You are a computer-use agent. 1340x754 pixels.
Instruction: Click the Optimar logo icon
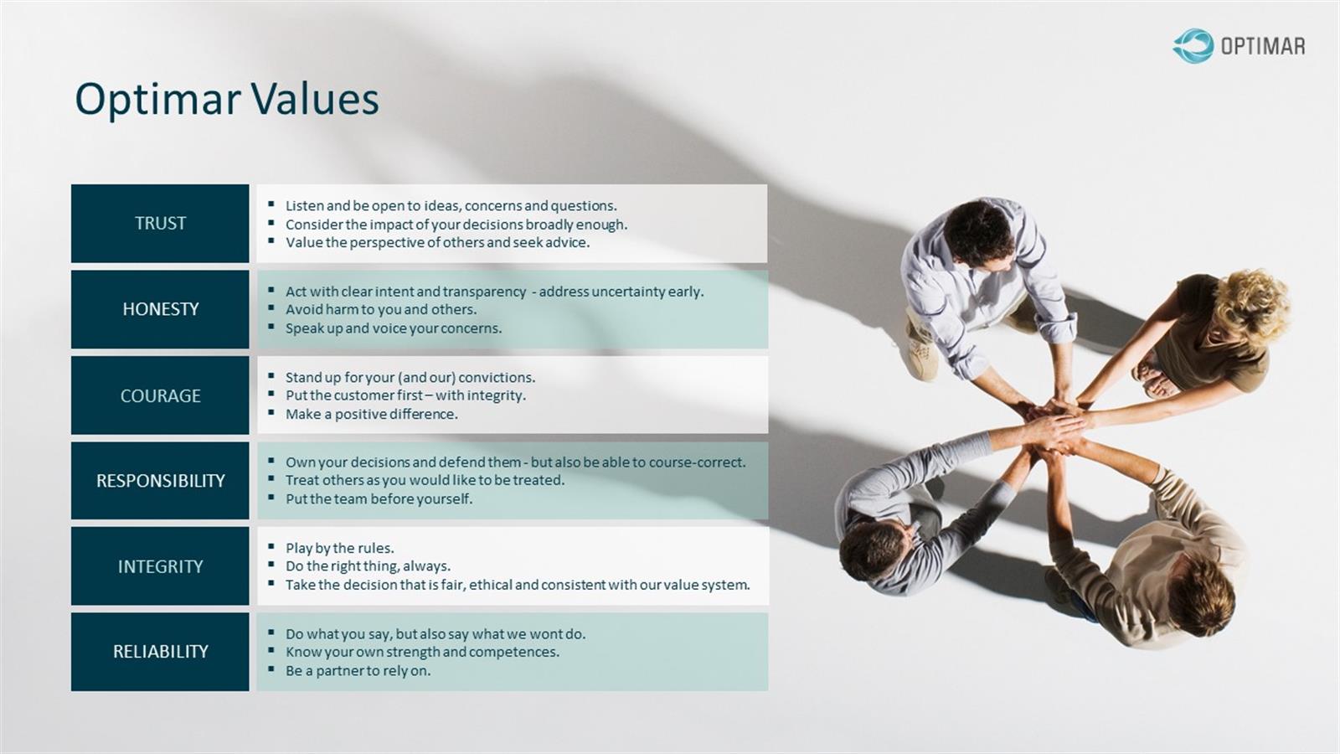[x=1193, y=46]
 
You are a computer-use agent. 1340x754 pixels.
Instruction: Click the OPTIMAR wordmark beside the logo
[x=1263, y=47]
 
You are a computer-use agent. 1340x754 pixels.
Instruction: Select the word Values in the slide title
[x=315, y=99]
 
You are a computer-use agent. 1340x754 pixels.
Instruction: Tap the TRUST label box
[x=160, y=223]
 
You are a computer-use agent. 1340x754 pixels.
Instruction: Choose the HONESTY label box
[x=160, y=309]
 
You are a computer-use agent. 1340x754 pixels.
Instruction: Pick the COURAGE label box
[x=160, y=395]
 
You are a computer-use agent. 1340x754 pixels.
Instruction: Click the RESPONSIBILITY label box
[x=160, y=481]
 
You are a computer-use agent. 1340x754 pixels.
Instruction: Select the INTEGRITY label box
[x=160, y=566]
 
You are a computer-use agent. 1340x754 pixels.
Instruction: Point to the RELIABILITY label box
[x=160, y=652]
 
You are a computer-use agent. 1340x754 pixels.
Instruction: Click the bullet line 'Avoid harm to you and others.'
[x=381, y=309]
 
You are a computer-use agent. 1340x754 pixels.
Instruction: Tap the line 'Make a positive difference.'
[x=372, y=414]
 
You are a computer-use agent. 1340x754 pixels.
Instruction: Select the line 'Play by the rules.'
[x=340, y=548]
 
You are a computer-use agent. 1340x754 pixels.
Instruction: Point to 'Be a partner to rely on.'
[x=358, y=671]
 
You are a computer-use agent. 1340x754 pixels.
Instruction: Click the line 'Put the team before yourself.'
[x=379, y=499]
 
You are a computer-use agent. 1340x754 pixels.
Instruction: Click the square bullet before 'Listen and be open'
[x=271, y=204]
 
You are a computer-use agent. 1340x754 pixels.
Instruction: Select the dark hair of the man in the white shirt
[x=978, y=231]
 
